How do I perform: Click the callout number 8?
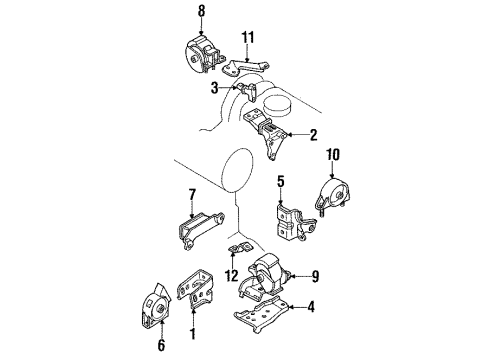tap(200, 12)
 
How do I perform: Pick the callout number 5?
tap(281, 182)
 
